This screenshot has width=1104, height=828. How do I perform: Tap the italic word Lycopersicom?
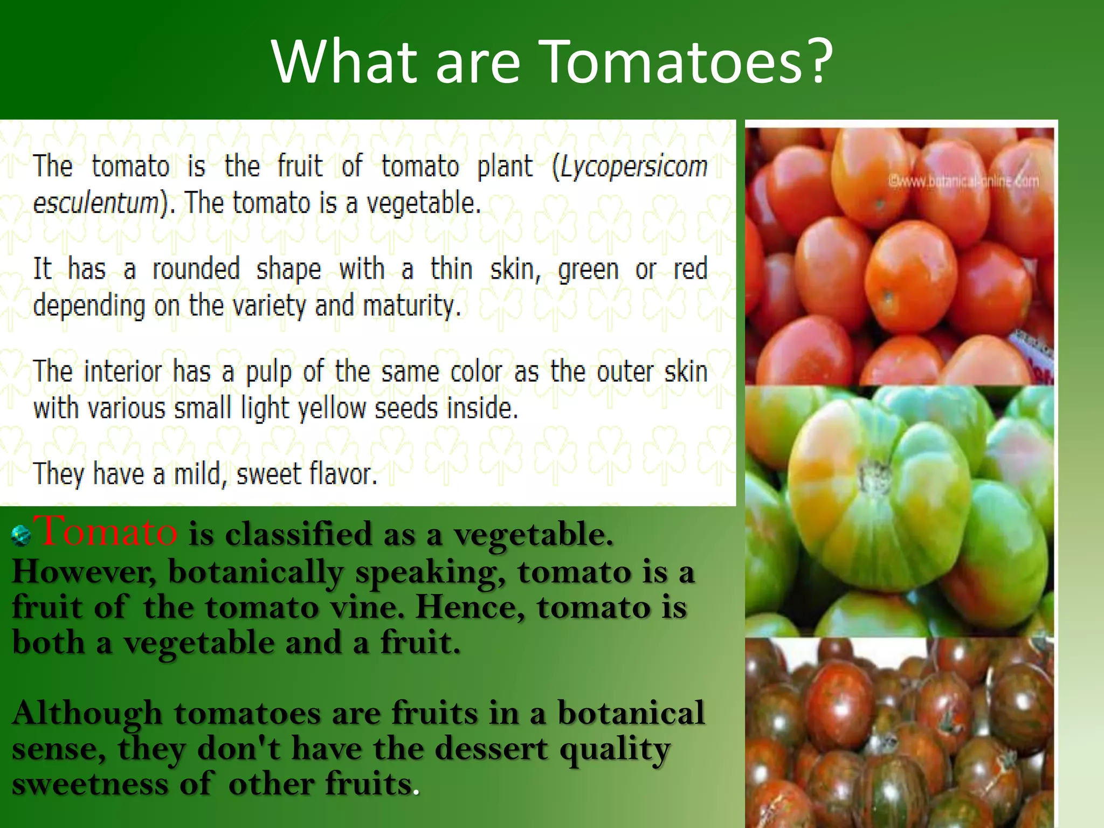[634, 166]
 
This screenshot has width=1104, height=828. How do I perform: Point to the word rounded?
[196, 268]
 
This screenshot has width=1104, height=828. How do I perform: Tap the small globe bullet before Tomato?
[21, 536]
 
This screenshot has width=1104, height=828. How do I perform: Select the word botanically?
[255, 572]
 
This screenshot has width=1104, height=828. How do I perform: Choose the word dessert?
[491, 749]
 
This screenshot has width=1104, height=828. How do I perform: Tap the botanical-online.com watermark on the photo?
[963, 182]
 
